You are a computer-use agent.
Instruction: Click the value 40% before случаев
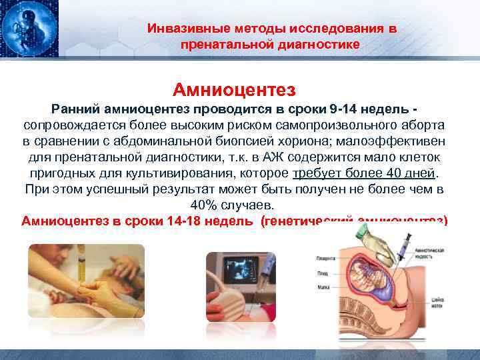coord(204,205)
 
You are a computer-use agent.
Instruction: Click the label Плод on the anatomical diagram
coord(323,273)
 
